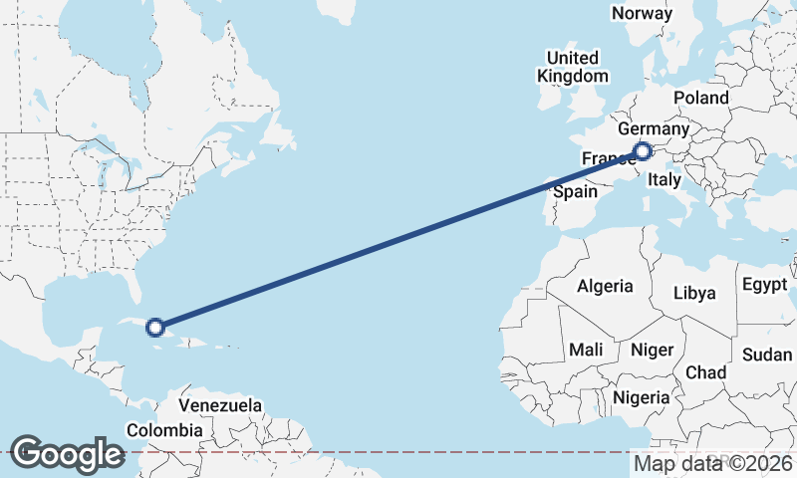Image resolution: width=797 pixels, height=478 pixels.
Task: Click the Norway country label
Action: click(x=642, y=13)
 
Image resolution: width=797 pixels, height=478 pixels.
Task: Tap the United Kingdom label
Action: click(x=572, y=67)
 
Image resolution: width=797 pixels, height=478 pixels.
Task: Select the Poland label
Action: click(x=701, y=98)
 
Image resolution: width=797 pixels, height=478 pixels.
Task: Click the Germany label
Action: click(x=654, y=129)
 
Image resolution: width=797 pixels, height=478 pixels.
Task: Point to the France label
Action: click(x=605, y=159)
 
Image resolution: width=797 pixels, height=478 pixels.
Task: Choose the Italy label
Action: click(x=664, y=180)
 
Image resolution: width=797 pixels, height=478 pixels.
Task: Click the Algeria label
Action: click(x=605, y=286)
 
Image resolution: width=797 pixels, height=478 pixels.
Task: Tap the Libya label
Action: click(x=694, y=293)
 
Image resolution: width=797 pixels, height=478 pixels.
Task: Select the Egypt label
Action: click(x=765, y=285)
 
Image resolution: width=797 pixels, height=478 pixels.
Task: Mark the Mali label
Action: click(x=586, y=350)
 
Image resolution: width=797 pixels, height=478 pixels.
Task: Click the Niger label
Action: click(x=652, y=350)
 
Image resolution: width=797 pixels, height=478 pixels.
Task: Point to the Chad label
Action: click(x=705, y=371)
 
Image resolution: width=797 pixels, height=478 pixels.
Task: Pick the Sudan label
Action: click(x=767, y=355)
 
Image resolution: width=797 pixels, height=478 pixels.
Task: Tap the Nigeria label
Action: click(x=642, y=396)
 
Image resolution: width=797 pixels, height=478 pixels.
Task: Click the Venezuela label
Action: click(x=221, y=405)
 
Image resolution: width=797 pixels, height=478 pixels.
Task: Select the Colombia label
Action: click(x=164, y=430)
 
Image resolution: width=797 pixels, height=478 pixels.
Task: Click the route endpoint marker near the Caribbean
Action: click(x=154, y=327)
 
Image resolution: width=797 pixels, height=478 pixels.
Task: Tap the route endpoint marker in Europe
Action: click(x=642, y=151)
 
